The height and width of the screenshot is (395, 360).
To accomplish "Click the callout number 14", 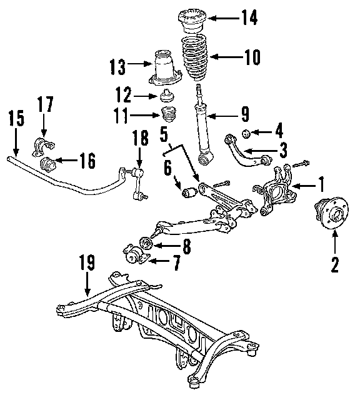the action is (249, 17).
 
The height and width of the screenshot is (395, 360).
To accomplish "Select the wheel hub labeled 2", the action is (331, 213).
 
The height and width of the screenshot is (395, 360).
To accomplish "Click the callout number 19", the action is (87, 262).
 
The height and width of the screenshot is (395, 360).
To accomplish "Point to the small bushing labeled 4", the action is (246, 134).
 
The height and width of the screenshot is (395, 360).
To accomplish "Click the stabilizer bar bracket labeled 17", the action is (43, 146).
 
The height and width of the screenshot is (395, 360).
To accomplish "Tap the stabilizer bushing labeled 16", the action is (48, 164).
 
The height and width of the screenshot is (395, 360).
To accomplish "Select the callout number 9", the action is (245, 114).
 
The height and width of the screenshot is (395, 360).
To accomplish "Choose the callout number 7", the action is (177, 262).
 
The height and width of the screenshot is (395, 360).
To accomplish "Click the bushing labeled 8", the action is (146, 243).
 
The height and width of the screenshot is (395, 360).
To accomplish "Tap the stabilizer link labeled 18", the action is (137, 184).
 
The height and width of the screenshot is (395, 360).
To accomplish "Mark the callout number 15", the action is (16, 118).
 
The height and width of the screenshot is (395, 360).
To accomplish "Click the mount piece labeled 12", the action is (167, 96).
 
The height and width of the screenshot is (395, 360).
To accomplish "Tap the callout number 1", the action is (321, 184).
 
